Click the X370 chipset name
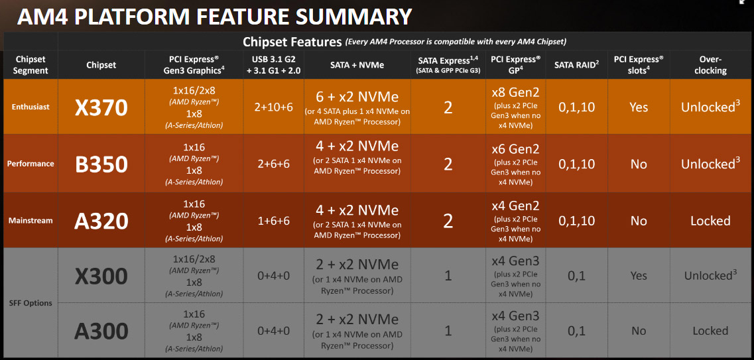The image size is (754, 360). click(x=101, y=107)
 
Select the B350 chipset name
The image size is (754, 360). click(x=101, y=164)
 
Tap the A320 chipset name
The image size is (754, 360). click(x=101, y=221)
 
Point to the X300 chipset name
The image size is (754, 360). click(x=101, y=276)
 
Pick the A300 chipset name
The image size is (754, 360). click(x=101, y=331)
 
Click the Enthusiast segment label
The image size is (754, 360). click(x=31, y=107)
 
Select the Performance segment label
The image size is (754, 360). click(x=31, y=163)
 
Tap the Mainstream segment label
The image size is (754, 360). click(x=31, y=221)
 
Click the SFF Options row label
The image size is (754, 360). click(x=31, y=303)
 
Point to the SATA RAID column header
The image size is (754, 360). click(x=576, y=65)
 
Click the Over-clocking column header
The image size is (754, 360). click(x=710, y=65)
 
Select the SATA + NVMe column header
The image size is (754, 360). click(x=357, y=65)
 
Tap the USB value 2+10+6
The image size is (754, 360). click(x=274, y=107)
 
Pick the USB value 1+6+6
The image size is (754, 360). click(x=274, y=221)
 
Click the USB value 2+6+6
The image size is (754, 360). click(x=274, y=164)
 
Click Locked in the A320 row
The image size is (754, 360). click(x=710, y=221)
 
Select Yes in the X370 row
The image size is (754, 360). click(x=639, y=107)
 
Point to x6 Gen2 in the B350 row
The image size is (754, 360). click(x=515, y=149)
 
